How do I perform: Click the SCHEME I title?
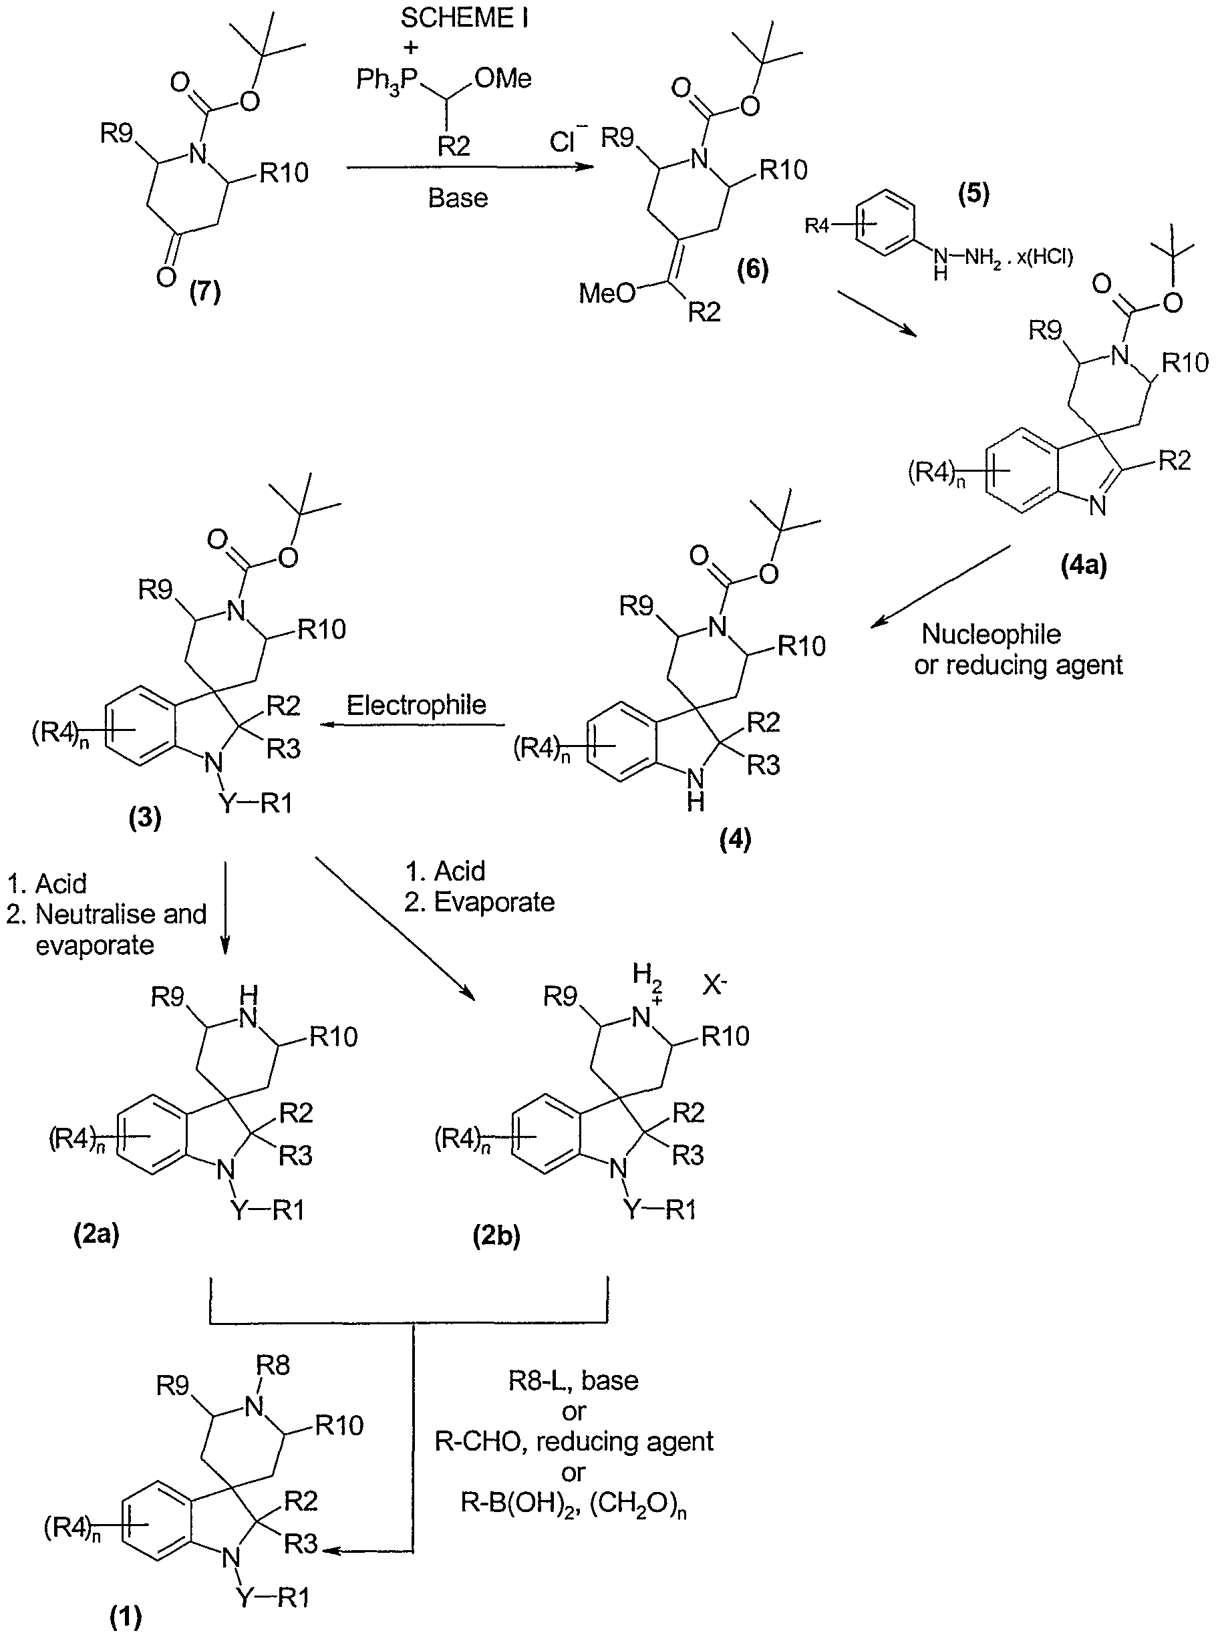464,17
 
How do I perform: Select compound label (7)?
205,293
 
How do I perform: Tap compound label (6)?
753,270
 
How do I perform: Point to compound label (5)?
973,194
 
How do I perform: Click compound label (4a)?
1084,565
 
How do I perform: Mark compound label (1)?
126,1618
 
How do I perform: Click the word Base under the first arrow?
458,198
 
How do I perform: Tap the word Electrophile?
416,706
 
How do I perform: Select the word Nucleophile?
991,633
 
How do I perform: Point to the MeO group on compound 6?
607,293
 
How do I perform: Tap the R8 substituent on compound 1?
273,1366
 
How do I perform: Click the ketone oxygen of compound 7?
166,277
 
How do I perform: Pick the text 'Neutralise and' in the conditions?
121,914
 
